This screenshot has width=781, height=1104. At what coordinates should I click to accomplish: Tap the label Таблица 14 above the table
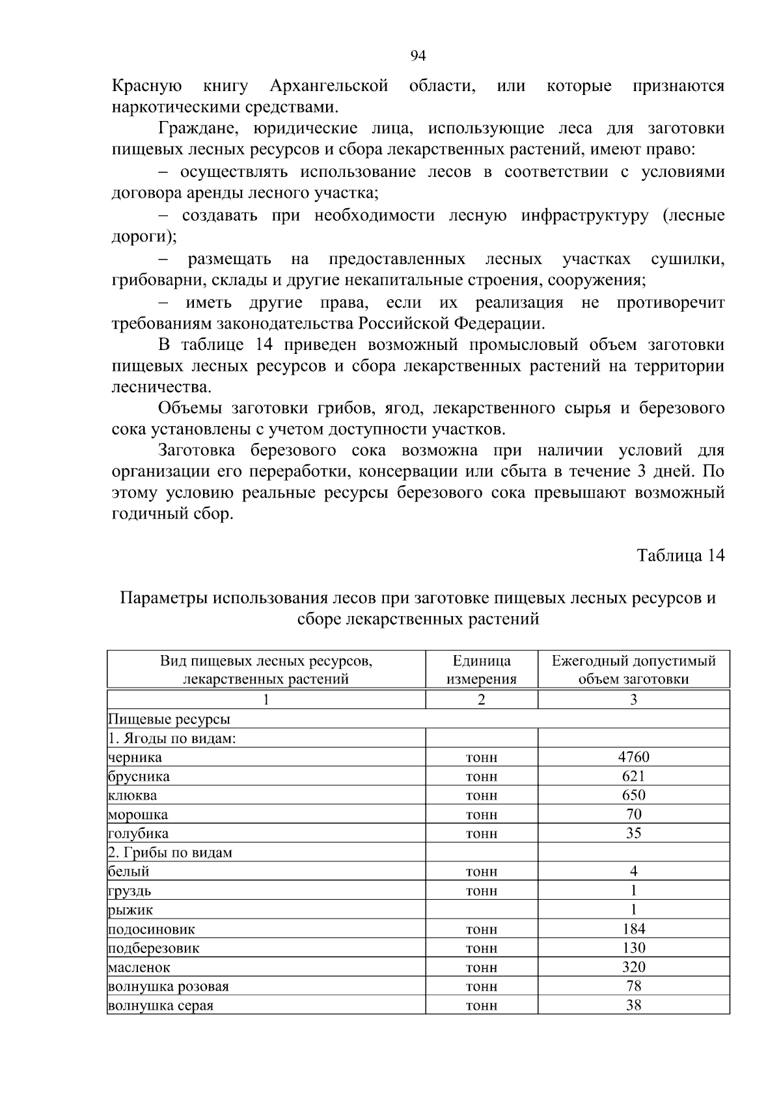pyautogui.click(x=680, y=555)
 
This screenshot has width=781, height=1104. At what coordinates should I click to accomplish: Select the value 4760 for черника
pyautogui.click(x=633, y=757)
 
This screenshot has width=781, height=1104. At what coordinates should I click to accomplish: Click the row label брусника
pyautogui.click(x=139, y=776)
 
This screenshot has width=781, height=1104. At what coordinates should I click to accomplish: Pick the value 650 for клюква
pyautogui.click(x=633, y=795)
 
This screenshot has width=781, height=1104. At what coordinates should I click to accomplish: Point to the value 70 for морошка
pyautogui.click(x=633, y=814)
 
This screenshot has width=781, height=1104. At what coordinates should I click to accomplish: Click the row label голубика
pyautogui.click(x=138, y=833)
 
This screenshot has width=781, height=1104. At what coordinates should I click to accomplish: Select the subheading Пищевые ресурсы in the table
pyautogui.click(x=169, y=720)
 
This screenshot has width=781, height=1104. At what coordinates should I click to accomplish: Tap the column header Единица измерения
pyautogui.click(x=482, y=669)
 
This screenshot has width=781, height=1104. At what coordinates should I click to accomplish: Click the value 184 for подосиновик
pyautogui.click(x=633, y=928)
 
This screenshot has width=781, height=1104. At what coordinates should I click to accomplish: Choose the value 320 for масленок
pyautogui.click(x=633, y=967)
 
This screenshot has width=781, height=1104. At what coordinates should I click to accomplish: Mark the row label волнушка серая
pyautogui.click(x=161, y=1006)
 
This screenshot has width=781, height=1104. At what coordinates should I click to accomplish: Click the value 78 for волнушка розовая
pyautogui.click(x=633, y=986)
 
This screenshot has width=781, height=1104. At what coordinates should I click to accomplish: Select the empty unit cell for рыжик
pyautogui.click(x=482, y=909)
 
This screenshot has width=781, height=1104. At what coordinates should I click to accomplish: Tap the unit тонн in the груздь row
pyautogui.click(x=482, y=891)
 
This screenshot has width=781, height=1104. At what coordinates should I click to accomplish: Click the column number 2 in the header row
pyautogui.click(x=482, y=700)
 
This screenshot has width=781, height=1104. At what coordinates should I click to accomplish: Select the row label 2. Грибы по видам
pyautogui.click(x=170, y=852)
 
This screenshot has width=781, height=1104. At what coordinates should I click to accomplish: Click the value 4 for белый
pyautogui.click(x=633, y=871)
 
